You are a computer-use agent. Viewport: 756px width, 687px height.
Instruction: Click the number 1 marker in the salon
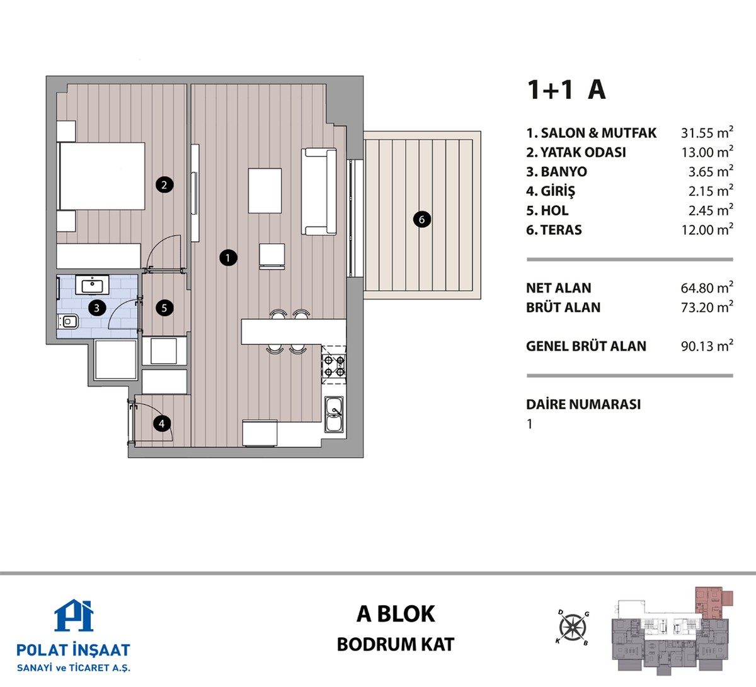228,258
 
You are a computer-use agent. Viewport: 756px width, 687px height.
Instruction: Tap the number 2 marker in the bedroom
164,185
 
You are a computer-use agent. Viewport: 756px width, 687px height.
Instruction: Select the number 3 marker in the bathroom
97,309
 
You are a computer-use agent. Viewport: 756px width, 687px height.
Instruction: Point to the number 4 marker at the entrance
162,424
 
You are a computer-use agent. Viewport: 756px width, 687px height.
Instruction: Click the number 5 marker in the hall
164,309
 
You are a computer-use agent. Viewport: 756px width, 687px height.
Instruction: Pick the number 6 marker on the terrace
421,219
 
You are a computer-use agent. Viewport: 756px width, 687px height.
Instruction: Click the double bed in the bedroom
101,176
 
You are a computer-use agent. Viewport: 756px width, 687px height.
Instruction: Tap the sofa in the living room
319,192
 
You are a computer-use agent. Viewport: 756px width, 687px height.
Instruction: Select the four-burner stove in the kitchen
335,366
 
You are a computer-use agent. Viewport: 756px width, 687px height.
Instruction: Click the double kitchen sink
335,414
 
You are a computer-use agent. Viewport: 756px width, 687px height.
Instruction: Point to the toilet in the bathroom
68,322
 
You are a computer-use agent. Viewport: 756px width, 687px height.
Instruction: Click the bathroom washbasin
93,285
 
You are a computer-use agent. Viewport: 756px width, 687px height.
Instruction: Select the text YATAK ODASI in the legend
583,152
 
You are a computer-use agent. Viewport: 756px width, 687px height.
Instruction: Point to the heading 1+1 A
566,90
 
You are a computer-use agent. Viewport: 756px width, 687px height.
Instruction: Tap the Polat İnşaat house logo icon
74,615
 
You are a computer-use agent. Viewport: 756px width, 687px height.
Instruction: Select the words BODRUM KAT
396,645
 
